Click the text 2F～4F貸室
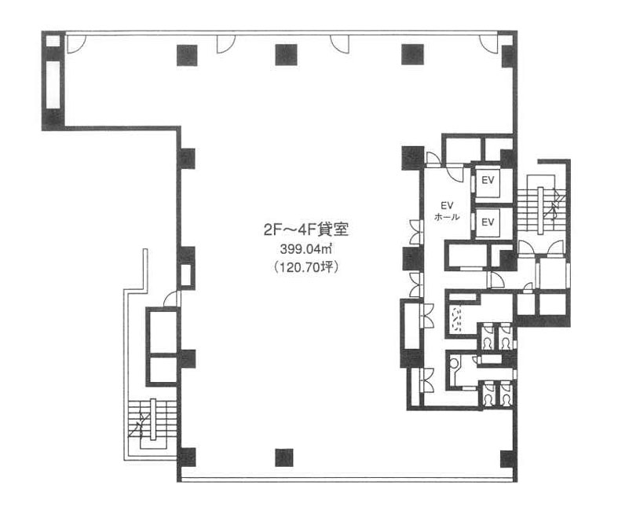tap(305, 229)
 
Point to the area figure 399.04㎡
tap(305, 249)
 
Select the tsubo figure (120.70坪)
tap(305, 267)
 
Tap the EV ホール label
tap(447, 211)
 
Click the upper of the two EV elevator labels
tap(488, 180)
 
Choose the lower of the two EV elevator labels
tap(488, 222)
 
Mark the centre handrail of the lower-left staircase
tap(153, 419)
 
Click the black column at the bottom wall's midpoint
tap(284, 457)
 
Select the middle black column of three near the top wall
tap(286, 55)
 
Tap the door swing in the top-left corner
tap(76, 44)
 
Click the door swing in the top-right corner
tap(489, 44)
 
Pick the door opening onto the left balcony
tap(171, 299)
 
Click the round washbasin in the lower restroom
tap(455, 362)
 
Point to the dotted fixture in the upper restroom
tap(457, 320)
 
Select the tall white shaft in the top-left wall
tap(53, 84)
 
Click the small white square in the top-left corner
tap(53, 41)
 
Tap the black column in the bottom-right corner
tap(508, 459)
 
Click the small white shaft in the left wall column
tap(186, 274)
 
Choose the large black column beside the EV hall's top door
tap(413, 158)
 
